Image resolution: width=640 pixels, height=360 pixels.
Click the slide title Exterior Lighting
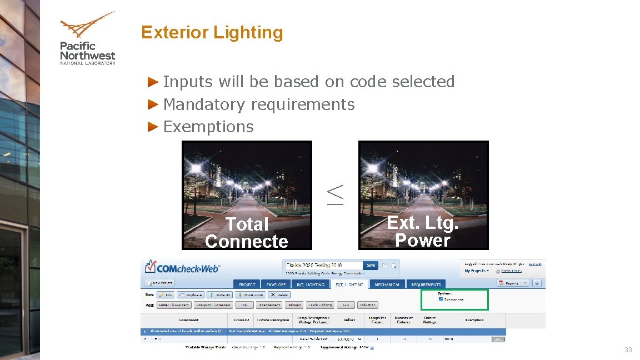coord(212,32)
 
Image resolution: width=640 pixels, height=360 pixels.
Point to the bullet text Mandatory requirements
coord(258,104)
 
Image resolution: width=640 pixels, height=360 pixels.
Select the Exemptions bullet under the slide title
coord(208,127)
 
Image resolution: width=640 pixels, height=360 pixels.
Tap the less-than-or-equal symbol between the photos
coord(335,195)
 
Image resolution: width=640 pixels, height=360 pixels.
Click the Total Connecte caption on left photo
coord(247,232)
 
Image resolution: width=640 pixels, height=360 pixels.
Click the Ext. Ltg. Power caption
coord(423,231)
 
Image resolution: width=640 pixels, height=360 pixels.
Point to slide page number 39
coord(628,350)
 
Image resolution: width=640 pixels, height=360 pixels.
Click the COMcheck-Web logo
coord(182,268)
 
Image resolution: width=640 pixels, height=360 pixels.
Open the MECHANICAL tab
coord(387,284)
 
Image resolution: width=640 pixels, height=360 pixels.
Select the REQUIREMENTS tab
coord(426,284)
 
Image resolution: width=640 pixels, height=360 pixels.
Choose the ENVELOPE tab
coord(276,284)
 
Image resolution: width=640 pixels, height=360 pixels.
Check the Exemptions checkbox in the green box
coord(441,299)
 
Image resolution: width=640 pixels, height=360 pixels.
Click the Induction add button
coord(367,305)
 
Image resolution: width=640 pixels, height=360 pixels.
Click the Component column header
coord(188,320)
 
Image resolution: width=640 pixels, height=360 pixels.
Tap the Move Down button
coord(249,295)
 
